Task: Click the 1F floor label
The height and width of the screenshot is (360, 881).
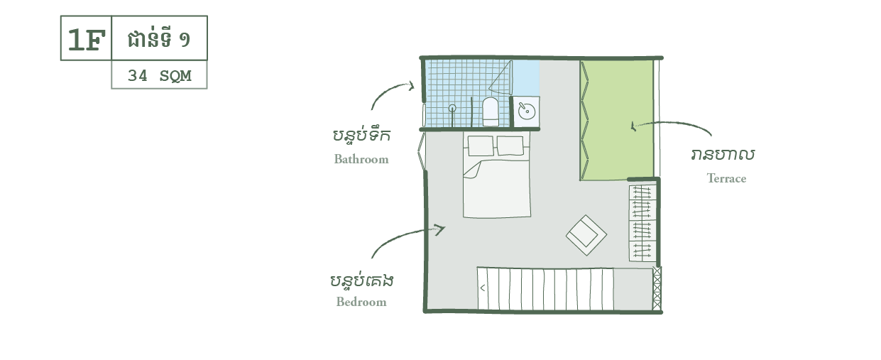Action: click(x=86, y=40)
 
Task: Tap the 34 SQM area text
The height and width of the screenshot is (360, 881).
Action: click(x=159, y=75)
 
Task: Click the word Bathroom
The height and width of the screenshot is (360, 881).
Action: click(x=361, y=160)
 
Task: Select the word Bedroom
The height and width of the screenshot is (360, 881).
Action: click(x=361, y=302)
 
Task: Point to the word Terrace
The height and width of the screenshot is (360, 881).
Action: click(x=726, y=179)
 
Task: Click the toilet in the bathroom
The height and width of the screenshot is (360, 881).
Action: click(x=491, y=112)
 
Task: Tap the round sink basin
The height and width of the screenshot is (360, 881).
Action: click(x=526, y=111)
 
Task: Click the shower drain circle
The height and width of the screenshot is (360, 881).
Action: click(x=452, y=108)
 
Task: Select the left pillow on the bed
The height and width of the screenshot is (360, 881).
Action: click(x=481, y=146)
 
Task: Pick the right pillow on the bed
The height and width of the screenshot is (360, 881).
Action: click(x=510, y=146)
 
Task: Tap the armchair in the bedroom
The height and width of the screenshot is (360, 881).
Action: click(x=586, y=235)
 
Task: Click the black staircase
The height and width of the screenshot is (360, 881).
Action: click(x=545, y=289)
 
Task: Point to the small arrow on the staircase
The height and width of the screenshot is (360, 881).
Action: click(x=483, y=288)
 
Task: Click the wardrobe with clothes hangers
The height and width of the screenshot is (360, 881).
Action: click(x=642, y=222)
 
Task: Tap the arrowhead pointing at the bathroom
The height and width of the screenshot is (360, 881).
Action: click(x=411, y=86)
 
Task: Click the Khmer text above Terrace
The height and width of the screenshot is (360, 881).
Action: click(x=723, y=155)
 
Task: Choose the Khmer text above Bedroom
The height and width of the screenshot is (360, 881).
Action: click(x=361, y=281)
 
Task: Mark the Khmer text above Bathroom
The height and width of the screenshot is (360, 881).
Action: click(x=361, y=135)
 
